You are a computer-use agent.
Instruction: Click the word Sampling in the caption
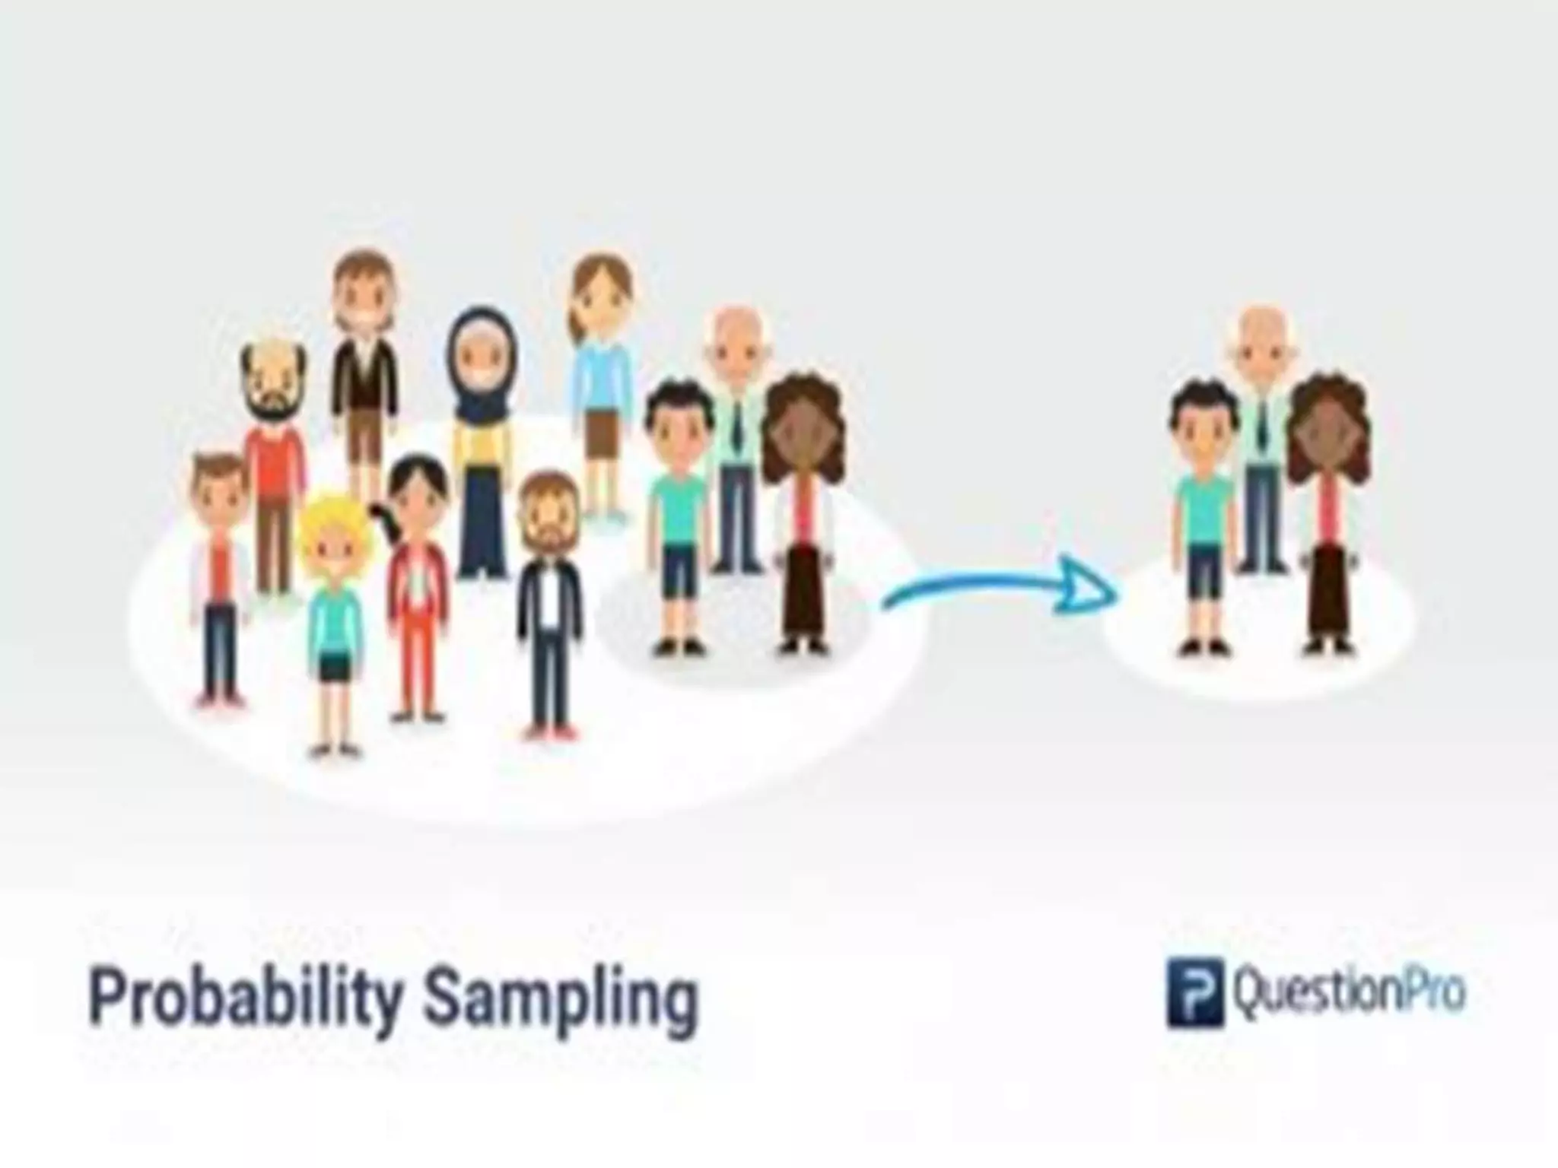(x=561, y=998)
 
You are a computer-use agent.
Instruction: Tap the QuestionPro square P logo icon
(x=1195, y=993)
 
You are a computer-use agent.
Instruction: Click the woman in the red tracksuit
(x=416, y=586)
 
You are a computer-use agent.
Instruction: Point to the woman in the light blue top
(x=602, y=380)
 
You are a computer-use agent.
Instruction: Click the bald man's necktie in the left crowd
(x=737, y=426)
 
